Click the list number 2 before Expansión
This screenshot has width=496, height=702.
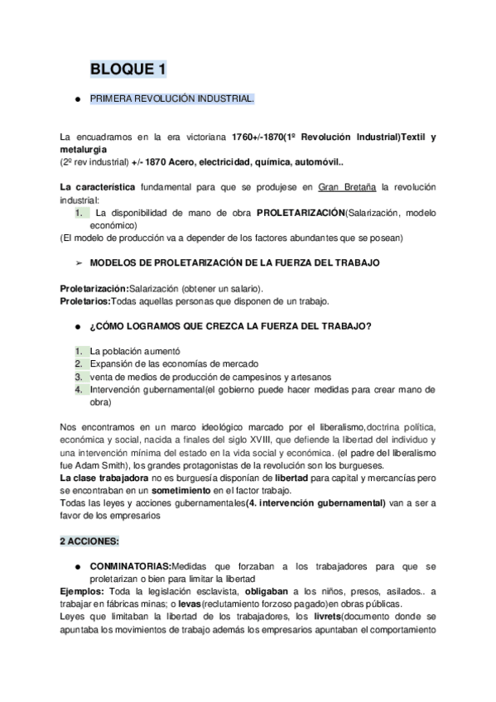click(78, 363)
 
